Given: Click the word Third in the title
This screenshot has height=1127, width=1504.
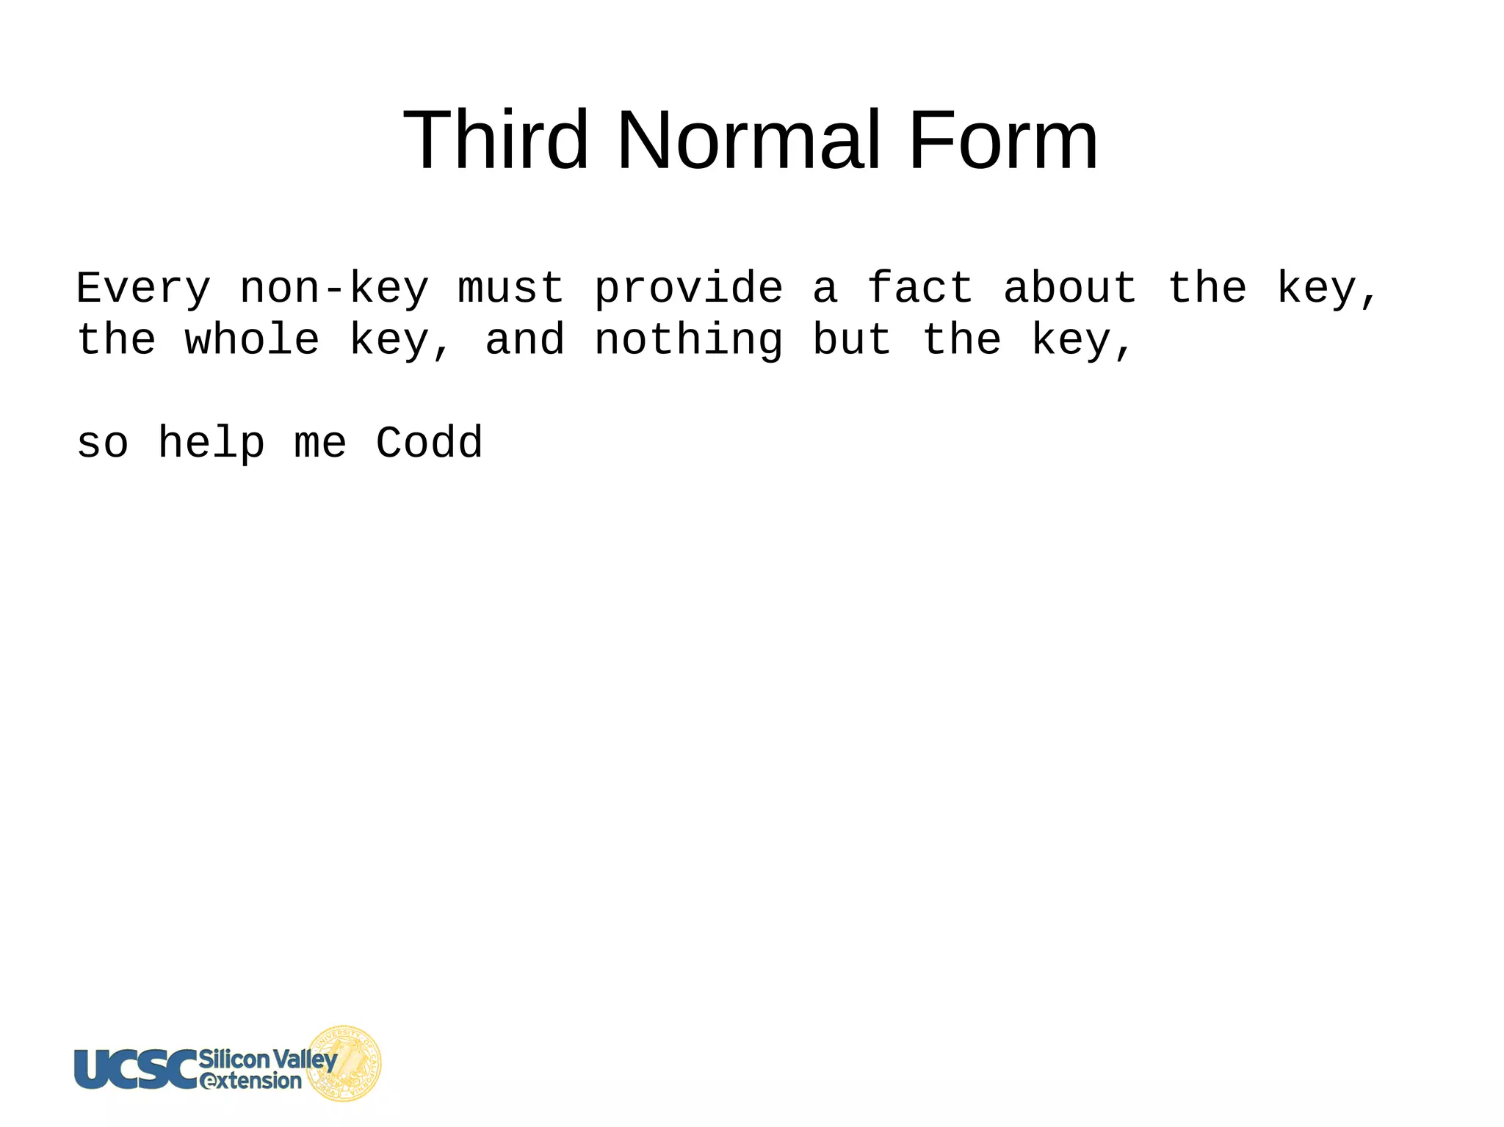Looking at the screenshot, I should [x=496, y=140].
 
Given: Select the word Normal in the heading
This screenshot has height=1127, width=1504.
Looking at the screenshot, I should [x=748, y=140].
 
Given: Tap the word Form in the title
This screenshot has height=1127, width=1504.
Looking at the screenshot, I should [x=1003, y=140].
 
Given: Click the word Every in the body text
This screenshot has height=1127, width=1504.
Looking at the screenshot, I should [x=144, y=288].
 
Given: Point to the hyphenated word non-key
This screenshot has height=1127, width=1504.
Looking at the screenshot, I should [x=334, y=288].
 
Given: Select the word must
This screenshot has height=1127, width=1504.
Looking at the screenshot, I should [x=511, y=288].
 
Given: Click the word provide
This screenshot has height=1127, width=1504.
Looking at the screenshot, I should [x=689, y=288].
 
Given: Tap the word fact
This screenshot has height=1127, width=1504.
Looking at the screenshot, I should [x=920, y=288].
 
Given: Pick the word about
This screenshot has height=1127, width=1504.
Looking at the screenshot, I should [x=1070, y=288].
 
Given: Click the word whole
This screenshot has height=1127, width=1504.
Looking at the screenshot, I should [x=253, y=340].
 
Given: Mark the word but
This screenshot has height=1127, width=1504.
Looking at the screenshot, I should [x=852, y=340].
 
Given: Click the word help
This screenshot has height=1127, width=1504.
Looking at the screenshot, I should [x=211, y=444].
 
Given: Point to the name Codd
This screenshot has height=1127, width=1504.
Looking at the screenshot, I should [x=430, y=443].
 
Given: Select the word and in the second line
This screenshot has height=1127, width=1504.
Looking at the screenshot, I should [x=525, y=340].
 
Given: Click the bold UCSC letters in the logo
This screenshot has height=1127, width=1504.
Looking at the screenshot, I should [x=137, y=1068].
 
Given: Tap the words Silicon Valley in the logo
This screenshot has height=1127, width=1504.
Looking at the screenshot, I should [x=268, y=1059].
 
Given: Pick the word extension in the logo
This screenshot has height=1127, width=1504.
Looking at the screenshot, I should [x=251, y=1081].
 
